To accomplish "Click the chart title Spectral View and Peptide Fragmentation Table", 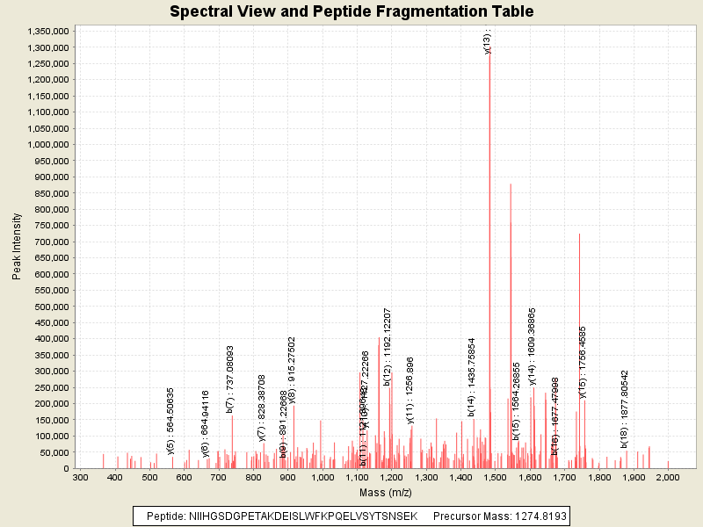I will click(x=351, y=11).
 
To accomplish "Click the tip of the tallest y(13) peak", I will click(x=489, y=54).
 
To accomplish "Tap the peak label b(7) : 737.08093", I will click(x=230, y=379).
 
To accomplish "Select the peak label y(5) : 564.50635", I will click(x=170, y=410).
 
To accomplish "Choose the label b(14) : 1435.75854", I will click(x=471, y=377).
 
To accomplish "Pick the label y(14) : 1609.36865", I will click(x=532, y=347).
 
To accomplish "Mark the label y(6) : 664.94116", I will click(x=206, y=423).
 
